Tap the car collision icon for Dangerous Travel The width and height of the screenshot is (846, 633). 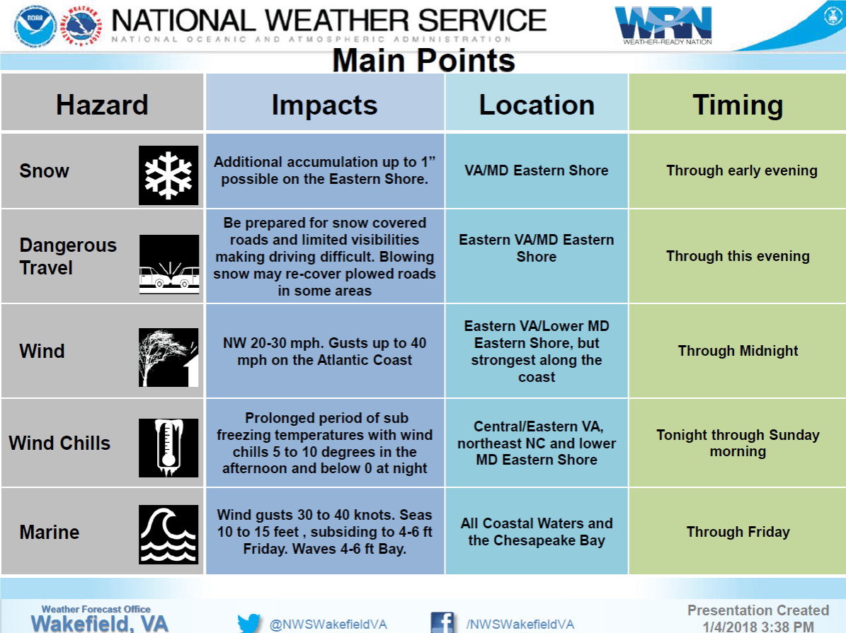pyautogui.click(x=168, y=265)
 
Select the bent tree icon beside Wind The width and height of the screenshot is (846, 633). pyautogui.click(x=168, y=356)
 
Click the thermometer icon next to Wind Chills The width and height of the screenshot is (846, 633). pyautogui.click(x=168, y=447)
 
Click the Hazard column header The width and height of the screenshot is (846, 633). pyautogui.click(x=102, y=105)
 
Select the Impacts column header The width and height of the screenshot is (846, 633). pyautogui.click(x=324, y=105)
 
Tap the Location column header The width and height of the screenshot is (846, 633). pyautogui.click(x=537, y=105)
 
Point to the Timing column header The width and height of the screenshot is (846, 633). pyautogui.click(x=738, y=105)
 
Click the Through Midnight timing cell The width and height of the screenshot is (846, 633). pyautogui.click(x=738, y=351)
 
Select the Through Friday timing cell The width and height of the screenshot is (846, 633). pyautogui.click(x=738, y=532)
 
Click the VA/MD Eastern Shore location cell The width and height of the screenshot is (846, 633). pyautogui.click(x=537, y=170)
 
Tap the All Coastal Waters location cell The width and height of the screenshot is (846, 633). pyautogui.click(x=537, y=532)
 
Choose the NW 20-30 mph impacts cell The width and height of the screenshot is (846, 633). pyautogui.click(x=324, y=351)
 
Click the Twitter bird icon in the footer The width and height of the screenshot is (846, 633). pyautogui.click(x=249, y=623)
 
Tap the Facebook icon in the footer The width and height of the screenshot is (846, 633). pyautogui.click(x=442, y=623)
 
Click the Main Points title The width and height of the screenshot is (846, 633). pyautogui.click(x=423, y=61)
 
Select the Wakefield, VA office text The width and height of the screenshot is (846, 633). pyautogui.click(x=99, y=623)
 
